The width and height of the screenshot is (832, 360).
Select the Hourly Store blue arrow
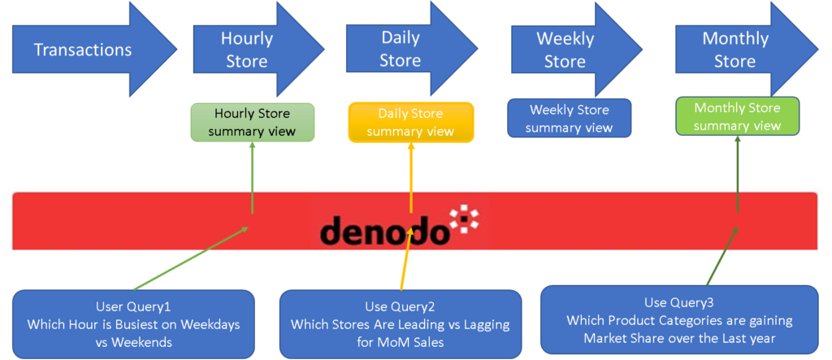[x=248, y=50]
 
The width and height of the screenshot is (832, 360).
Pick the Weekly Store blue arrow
[x=566, y=50]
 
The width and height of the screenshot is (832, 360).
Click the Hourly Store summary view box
[x=252, y=122]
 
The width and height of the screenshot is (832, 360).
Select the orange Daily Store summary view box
[x=411, y=122]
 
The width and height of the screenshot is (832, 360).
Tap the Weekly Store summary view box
[x=569, y=119]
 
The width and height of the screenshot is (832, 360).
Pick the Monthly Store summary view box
[x=737, y=116]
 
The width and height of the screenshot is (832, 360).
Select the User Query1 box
[x=133, y=324]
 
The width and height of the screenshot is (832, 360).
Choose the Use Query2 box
[x=400, y=324]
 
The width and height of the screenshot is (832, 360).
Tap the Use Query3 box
[x=678, y=320]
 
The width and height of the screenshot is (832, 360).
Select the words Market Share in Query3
[x=622, y=337]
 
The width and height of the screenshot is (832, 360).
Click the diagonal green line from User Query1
[x=191, y=258]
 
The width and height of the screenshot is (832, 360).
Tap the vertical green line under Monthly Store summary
[x=737, y=175]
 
